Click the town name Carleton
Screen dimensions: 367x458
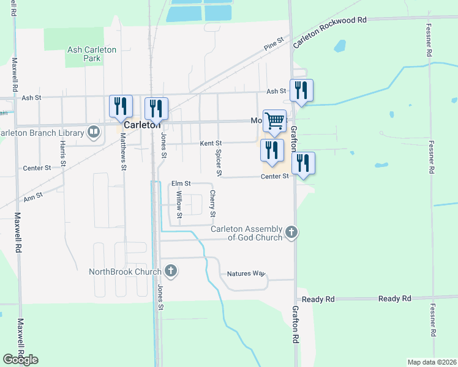click(142, 124)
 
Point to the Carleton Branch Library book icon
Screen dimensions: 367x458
click(94, 132)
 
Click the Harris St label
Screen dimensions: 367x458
click(62, 153)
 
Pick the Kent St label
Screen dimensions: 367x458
click(211, 143)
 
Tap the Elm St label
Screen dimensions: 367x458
click(181, 183)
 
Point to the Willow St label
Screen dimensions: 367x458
click(179, 204)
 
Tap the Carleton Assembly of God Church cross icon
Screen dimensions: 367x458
click(292, 232)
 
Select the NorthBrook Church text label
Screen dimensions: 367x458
click(124, 272)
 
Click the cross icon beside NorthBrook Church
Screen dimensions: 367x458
click(171, 271)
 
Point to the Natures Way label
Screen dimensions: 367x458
click(246, 273)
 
